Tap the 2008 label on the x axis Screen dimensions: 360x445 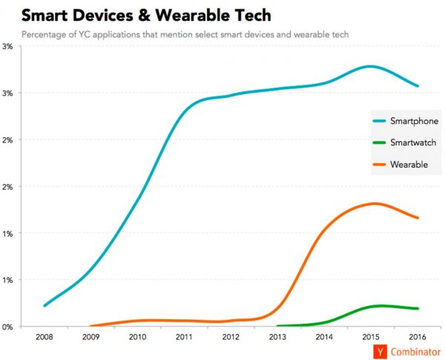coord(44,337)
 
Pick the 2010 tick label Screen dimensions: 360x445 coord(138,337)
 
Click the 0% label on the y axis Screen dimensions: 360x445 coord(9,327)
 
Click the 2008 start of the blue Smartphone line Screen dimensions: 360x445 coord(44,305)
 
